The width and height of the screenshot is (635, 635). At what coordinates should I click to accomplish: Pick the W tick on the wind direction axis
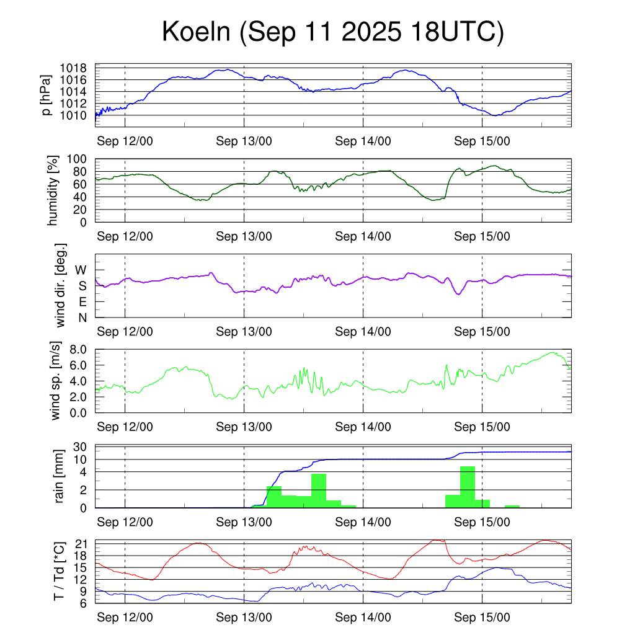pos(81,270)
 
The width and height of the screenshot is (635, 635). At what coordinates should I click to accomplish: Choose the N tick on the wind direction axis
pos(82,317)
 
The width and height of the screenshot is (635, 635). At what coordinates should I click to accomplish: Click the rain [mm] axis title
pos(60,476)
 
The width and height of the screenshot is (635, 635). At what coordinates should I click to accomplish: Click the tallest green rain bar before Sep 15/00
pos(468,487)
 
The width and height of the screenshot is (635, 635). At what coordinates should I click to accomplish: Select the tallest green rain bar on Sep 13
pos(319,490)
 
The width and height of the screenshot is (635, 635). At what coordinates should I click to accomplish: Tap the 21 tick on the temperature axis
pos(83,544)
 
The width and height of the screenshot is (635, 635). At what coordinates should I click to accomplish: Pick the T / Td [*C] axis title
pos(60,571)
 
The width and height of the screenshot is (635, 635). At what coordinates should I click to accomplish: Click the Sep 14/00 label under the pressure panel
pos(363,141)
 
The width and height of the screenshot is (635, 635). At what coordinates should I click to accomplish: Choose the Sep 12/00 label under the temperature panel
pos(125,618)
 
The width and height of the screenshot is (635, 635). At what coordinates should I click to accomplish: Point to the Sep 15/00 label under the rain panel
pos(482,522)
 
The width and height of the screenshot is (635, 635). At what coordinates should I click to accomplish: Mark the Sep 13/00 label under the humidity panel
pos(244,236)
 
